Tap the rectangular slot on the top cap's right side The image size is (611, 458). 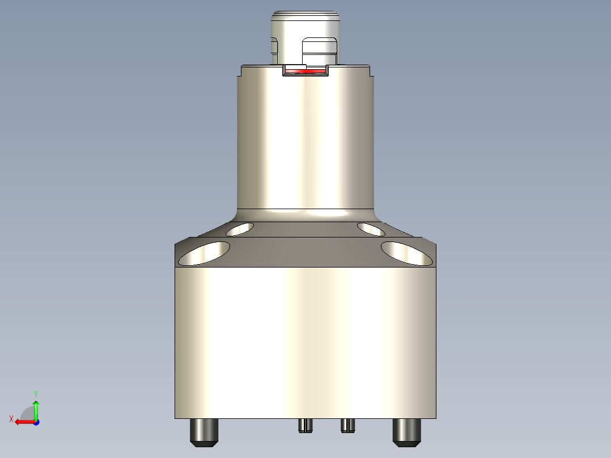[x=320, y=51]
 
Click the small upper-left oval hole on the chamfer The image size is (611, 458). [x=240, y=229]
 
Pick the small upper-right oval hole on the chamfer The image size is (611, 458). [x=371, y=229]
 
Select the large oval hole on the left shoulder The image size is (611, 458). [x=204, y=253]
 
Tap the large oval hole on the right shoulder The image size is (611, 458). [x=406, y=253]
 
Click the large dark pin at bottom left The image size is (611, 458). [x=204, y=432]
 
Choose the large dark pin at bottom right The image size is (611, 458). [x=407, y=432]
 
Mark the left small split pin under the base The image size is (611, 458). [x=306, y=425]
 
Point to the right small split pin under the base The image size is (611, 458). [x=348, y=425]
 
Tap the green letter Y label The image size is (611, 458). [x=35, y=393]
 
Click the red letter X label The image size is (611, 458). [x=11, y=419]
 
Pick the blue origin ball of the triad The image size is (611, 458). [x=36, y=422]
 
